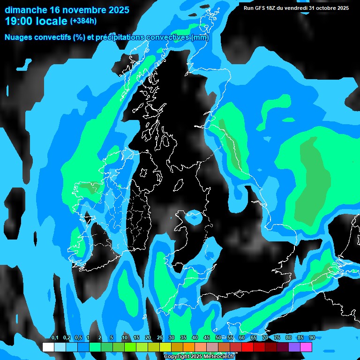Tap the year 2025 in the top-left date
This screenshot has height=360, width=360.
112,9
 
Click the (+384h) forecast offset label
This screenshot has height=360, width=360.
83,21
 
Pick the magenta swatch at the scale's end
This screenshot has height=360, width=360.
306,347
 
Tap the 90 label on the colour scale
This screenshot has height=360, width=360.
312,337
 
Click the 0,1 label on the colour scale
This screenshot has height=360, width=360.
54,337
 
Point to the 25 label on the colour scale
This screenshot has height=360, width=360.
159,337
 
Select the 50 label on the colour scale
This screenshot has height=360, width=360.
218,337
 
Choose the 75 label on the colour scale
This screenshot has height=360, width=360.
277,337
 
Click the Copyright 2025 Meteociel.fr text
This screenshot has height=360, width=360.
199,357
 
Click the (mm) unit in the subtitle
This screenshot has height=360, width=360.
200,37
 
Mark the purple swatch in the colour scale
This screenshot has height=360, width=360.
294,347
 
